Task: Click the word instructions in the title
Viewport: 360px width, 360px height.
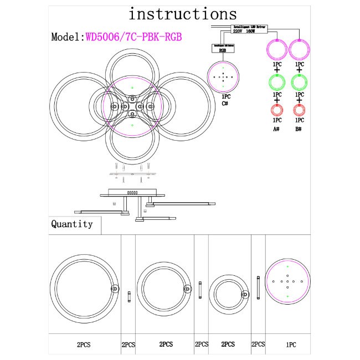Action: (182, 14)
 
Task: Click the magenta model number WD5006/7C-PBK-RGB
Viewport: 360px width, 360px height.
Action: (133, 37)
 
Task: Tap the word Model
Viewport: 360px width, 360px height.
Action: (65, 37)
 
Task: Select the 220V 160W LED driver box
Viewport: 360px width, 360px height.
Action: (249, 29)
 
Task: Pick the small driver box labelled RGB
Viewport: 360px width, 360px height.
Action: (223, 48)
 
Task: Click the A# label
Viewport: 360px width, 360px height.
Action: (276, 128)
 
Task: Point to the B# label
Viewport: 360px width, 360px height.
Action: (299, 128)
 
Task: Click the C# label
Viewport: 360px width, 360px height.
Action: (225, 103)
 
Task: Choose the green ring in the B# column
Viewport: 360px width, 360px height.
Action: (299, 83)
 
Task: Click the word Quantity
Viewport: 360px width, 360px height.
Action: (72, 224)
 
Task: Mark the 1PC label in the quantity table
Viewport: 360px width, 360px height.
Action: (291, 344)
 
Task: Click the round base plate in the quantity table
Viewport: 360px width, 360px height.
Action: (288, 282)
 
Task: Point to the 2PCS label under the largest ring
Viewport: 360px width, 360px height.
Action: (84, 344)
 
